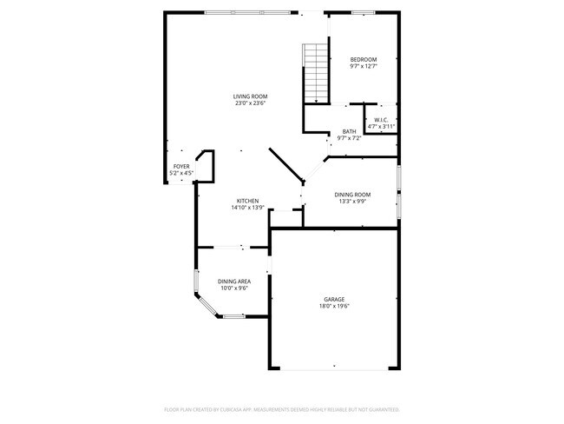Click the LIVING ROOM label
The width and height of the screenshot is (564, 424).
[x=250, y=96]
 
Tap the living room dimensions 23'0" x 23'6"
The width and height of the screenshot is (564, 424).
[x=250, y=103]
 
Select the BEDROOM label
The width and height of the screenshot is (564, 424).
[x=364, y=59]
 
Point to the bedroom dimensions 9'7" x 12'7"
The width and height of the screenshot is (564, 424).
[x=364, y=67]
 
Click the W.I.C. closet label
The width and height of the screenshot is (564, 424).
[x=381, y=119]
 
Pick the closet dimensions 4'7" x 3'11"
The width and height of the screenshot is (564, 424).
[x=381, y=127]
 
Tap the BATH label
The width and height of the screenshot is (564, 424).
[x=349, y=131]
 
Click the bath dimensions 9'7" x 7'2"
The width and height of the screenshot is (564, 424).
[x=349, y=139]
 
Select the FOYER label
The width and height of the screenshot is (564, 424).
[x=181, y=166]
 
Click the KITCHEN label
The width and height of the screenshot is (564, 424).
[x=247, y=201]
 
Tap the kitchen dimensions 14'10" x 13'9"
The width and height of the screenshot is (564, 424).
[x=247, y=209]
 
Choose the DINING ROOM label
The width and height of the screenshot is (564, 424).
[x=353, y=194]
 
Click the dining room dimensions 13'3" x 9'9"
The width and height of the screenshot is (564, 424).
[x=353, y=202]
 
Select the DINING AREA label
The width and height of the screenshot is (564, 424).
[x=234, y=282]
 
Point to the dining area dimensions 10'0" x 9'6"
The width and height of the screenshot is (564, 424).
[x=234, y=289]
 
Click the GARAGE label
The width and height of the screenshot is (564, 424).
[x=335, y=298]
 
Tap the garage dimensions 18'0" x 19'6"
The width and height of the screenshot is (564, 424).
[x=335, y=306]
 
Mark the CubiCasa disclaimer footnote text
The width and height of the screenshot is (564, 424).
[x=282, y=408]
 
